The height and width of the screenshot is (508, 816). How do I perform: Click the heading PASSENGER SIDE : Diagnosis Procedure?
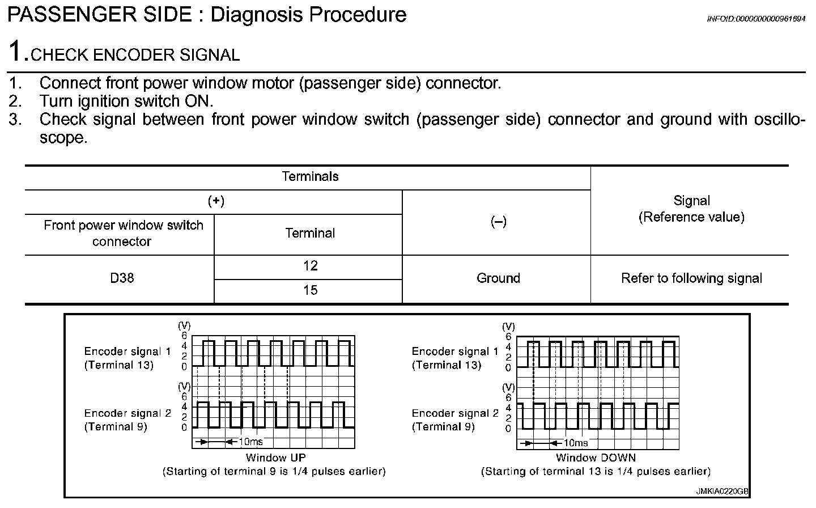207,15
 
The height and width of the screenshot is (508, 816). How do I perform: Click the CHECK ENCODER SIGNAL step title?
135,55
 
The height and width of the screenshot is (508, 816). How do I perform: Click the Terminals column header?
310,177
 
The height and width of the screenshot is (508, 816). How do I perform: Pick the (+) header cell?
216,201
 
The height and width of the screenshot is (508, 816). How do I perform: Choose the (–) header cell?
498,222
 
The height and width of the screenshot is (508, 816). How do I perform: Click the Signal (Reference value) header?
691,209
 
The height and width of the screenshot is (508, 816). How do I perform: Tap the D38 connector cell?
122,278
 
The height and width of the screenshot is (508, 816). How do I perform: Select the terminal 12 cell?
310,266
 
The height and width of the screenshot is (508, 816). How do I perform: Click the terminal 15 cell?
310,290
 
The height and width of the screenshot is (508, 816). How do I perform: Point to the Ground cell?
498,278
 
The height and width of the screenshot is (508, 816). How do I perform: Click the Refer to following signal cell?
691,278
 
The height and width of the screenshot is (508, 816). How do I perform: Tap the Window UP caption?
274,458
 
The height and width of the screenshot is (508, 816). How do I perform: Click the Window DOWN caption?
596,458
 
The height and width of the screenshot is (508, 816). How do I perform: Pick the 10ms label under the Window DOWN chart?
576,443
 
